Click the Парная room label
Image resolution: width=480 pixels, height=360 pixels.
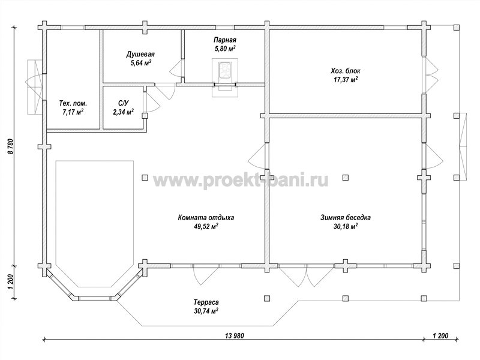(x=224, y=40)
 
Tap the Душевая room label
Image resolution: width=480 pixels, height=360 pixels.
(x=140, y=54)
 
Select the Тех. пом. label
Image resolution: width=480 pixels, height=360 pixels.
(x=73, y=103)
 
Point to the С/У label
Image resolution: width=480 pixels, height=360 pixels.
(x=124, y=103)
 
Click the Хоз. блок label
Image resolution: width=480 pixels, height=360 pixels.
(x=346, y=71)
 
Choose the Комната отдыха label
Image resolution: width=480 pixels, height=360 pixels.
(x=206, y=218)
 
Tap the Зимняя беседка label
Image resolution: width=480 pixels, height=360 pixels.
(x=346, y=218)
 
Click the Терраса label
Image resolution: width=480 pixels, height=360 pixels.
(x=206, y=302)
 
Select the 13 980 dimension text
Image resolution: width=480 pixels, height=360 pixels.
(x=235, y=336)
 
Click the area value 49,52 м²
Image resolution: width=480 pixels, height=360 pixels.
(x=206, y=227)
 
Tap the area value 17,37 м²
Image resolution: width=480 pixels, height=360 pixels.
(x=346, y=80)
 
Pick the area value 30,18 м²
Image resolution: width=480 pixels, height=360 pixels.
(x=346, y=227)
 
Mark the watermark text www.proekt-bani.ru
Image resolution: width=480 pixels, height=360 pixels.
(x=241, y=181)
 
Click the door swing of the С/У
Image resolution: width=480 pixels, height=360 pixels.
(x=152, y=102)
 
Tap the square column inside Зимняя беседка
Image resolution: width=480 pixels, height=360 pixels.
(x=346, y=178)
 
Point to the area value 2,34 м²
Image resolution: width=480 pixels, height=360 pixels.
(x=124, y=112)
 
